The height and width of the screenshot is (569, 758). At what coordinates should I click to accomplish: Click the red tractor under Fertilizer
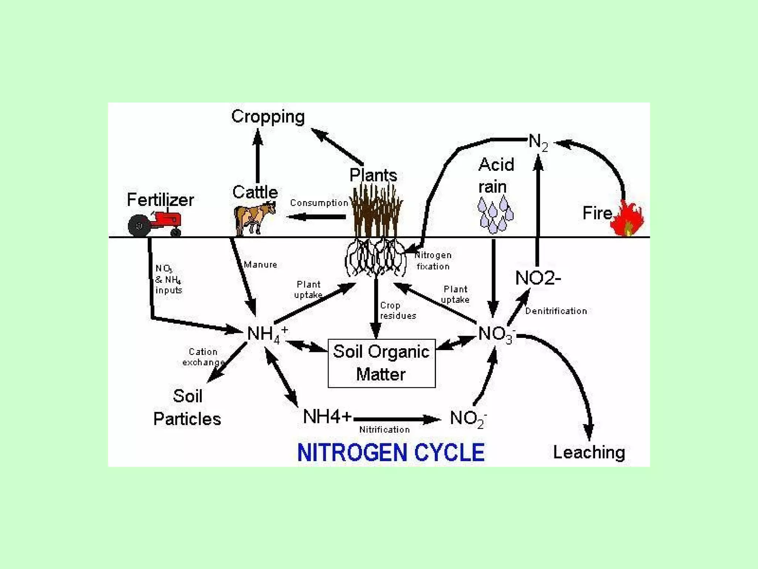pos(155,223)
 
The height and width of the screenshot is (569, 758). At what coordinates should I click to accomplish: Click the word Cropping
pos(268,117)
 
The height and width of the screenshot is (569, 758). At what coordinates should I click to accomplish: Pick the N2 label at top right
pos(538,142)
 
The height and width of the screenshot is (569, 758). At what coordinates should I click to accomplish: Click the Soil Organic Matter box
pos(381,363)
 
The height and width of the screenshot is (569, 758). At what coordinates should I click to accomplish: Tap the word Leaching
pos(589,452)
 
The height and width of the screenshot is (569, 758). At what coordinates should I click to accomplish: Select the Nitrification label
pos(385,430)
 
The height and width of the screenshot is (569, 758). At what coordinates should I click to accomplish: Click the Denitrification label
pos(556,311)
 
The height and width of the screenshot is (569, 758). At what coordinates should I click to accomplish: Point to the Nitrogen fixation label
pos(433,261)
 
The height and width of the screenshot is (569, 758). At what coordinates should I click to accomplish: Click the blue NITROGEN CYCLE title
pos(391,453)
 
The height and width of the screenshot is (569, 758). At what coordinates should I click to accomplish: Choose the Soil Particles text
pos(187,407)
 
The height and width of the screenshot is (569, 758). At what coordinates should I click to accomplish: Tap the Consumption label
pos(319,203)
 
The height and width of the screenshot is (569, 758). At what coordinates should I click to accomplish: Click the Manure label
pos(260,264)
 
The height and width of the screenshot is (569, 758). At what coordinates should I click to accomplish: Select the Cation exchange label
pos(203,357)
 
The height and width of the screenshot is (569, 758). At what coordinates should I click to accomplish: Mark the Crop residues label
pos(398,310)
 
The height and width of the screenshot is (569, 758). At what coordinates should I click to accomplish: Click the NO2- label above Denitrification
pos(538,278)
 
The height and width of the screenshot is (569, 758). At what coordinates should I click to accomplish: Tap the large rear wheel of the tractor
pos(139,226)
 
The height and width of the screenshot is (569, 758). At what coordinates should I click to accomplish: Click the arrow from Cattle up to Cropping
pos(258,156)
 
